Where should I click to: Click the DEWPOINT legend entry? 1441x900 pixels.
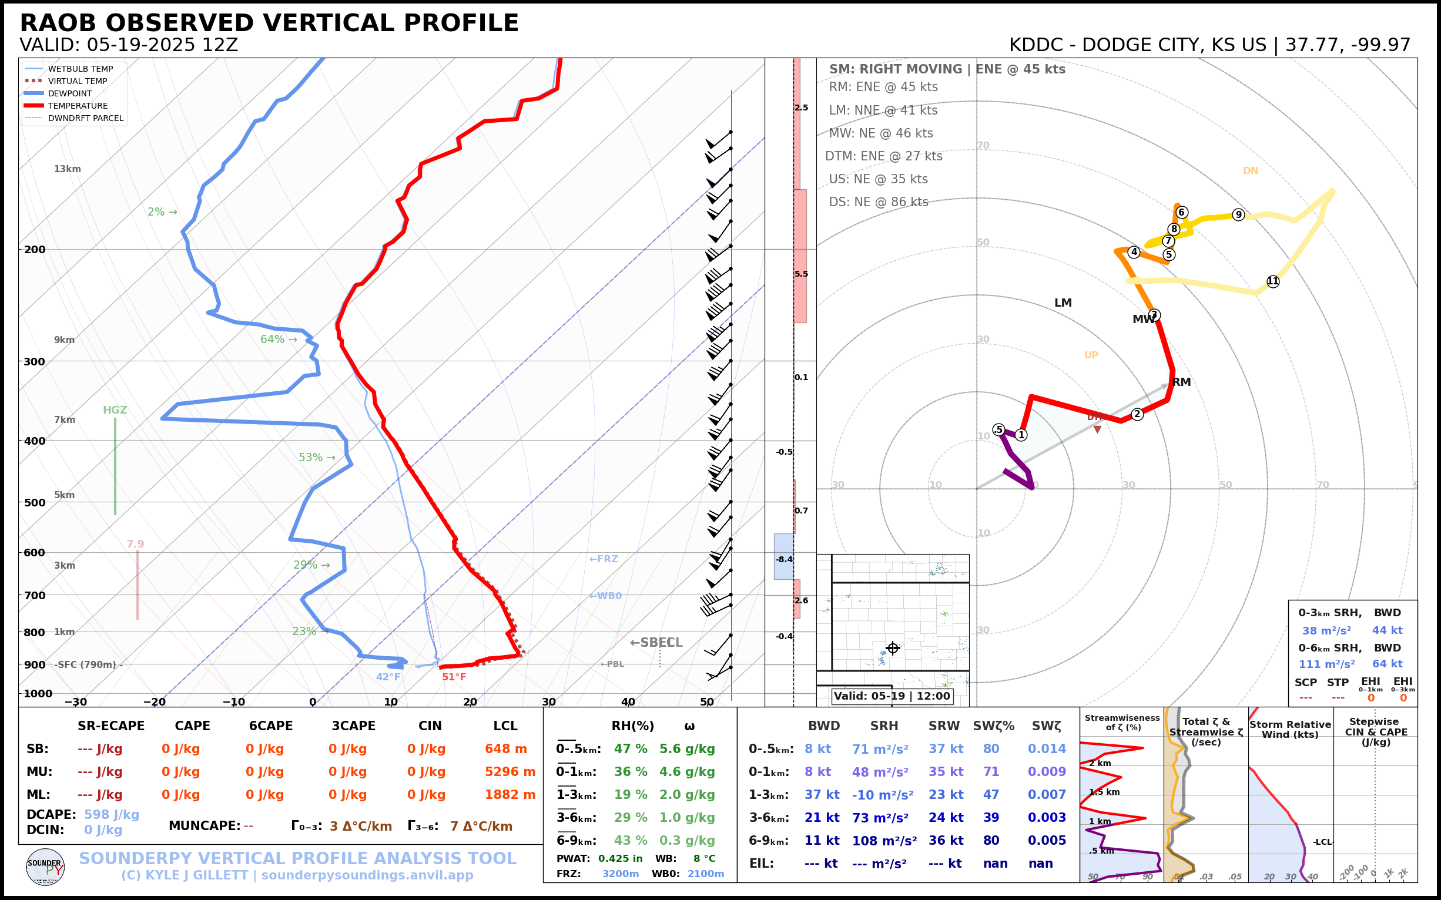(70, 93)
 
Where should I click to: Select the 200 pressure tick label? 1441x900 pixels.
(35, 250)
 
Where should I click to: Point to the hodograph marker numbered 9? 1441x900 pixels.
(1239, 215)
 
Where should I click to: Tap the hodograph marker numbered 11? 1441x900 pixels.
(1272, 281)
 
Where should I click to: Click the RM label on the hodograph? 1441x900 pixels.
(1181, 382)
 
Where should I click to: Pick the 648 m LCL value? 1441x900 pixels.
(505, 749)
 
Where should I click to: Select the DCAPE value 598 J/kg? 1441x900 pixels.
(111, 814)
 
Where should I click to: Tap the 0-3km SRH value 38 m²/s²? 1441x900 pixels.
(1326, 630)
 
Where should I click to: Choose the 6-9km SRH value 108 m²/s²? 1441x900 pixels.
(884, 841)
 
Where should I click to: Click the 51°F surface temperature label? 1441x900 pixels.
(454, 677)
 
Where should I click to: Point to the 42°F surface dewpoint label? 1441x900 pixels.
(388, 677)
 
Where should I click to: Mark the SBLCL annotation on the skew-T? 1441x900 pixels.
(656, 643)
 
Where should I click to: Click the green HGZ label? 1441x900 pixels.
(115, 410)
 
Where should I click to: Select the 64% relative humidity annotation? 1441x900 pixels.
(278, 340)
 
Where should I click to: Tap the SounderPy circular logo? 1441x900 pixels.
(45, 867)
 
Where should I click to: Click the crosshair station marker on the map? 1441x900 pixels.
(892, 648)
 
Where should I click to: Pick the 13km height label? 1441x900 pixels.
(67, 169)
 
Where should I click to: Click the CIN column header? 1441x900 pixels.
(430, 726)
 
